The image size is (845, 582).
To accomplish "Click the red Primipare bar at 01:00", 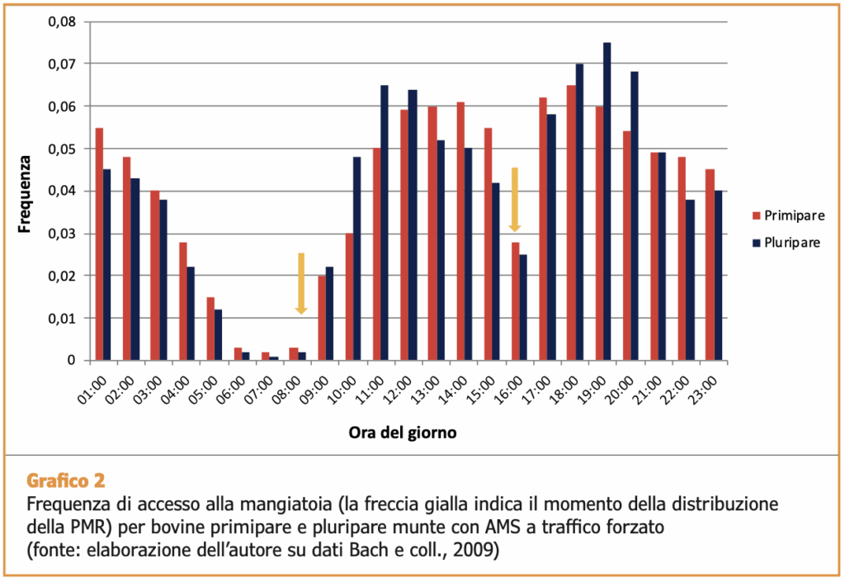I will point(99,244).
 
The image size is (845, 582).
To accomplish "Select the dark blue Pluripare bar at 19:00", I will point(607,201).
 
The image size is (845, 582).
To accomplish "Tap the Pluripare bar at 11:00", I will point(385,223).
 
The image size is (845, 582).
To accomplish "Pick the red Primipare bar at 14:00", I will point(460,231).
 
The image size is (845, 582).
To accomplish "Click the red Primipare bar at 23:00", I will point(710,264).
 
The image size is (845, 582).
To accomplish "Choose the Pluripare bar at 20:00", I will point(634,216).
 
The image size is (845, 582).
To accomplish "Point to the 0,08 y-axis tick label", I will point(63,22).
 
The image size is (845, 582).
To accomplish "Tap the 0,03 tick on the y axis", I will point(63,234).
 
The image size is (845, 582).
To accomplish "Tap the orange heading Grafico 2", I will point(66,480).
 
